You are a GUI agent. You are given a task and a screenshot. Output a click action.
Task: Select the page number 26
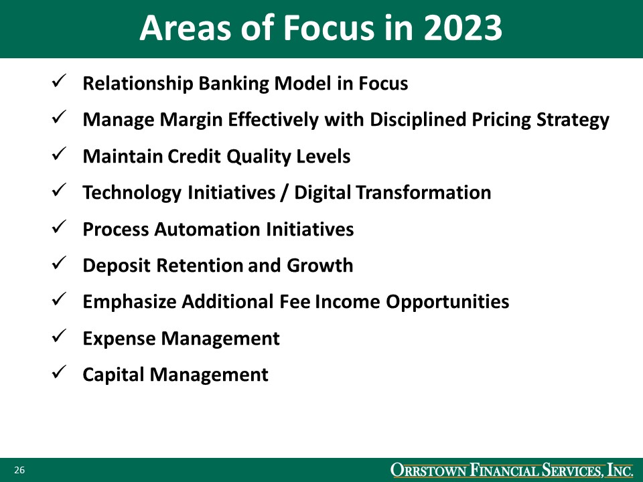click(19, 471)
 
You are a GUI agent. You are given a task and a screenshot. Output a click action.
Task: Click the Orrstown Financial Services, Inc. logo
click(512, 471)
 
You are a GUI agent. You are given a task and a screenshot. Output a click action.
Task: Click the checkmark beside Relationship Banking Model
click(58, 82)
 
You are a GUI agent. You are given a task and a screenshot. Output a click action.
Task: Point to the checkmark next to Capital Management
click(58, 374)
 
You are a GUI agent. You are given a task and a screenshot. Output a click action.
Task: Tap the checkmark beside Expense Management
click(58, 337)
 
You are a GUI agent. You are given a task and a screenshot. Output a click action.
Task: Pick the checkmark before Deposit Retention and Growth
click(58, 264)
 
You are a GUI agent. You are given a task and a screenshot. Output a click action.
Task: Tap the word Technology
click(131, 193)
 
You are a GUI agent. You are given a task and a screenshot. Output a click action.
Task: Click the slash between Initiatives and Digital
click(284, 193)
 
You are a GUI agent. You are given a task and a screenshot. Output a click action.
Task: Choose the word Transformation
click(423, 193)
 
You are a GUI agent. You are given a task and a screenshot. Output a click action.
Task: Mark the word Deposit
click(117, 266)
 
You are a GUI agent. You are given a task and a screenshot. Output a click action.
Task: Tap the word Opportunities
click(447, 302)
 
